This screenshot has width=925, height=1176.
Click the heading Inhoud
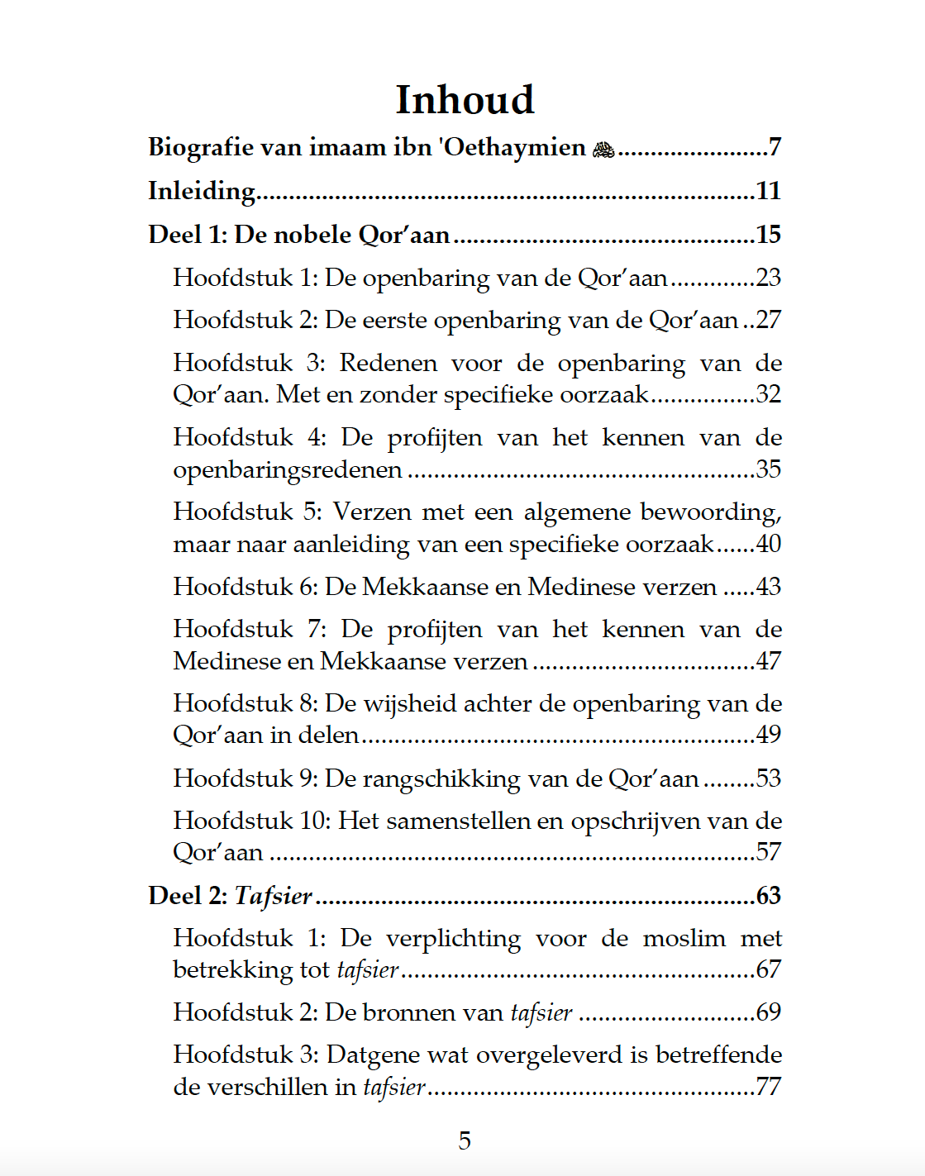click(465, 100)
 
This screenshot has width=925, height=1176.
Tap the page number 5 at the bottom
click(465, 1140)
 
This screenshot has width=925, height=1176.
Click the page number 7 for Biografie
click(775, 147)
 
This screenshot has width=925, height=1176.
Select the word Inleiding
click(202, 191)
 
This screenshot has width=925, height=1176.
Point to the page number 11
click(768, 191)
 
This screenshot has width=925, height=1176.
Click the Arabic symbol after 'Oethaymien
click(603, 150)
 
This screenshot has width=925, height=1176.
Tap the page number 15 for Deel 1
click(768, 235)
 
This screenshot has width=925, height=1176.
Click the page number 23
click(768, 278)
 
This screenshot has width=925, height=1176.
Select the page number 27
click(768, 320)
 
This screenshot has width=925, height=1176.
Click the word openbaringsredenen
click(287, 470)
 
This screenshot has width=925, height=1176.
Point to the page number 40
click(768, 544)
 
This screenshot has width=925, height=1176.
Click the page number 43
click(768, 587)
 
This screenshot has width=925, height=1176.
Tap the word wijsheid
click(411, 703)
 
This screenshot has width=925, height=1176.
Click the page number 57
click(768, 852)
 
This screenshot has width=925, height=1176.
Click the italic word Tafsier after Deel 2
click(273, 896)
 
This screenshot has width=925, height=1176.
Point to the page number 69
click(768, 1012)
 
